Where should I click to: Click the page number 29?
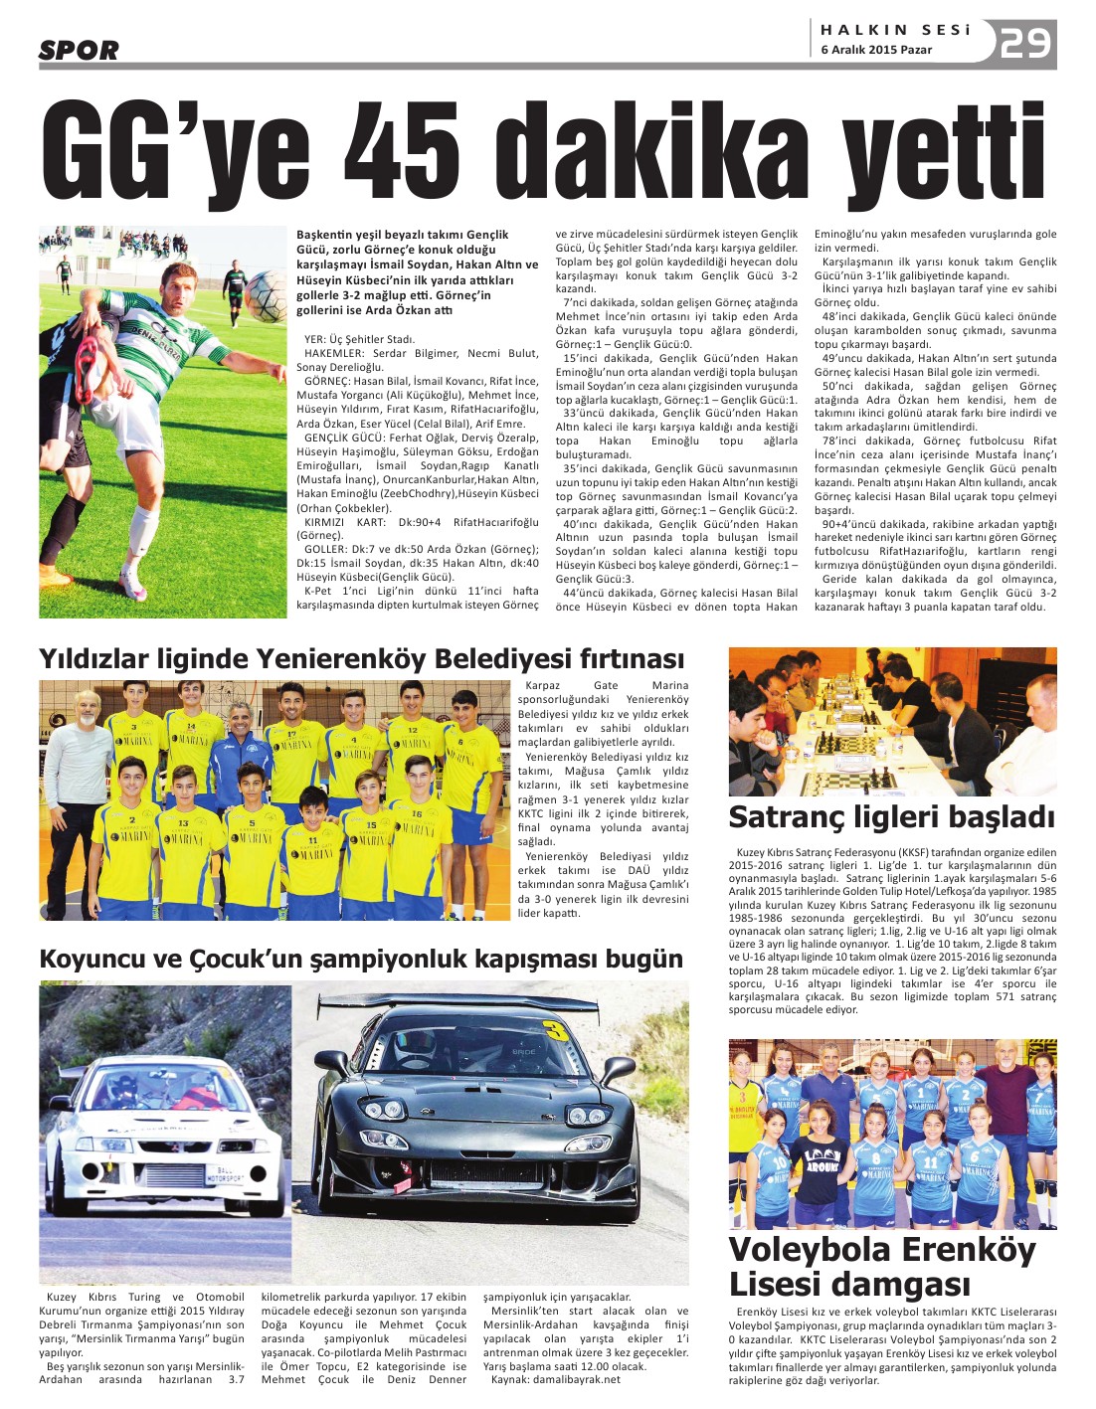(x=1025, y=44)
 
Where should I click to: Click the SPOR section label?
(x=79, y=50)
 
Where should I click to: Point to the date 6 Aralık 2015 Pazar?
(x=876, y=50)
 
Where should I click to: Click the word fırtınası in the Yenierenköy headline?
(x=627, y=658)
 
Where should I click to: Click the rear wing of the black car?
(x=457, y=1005)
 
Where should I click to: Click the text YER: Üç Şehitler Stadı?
(x=359, y=339)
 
